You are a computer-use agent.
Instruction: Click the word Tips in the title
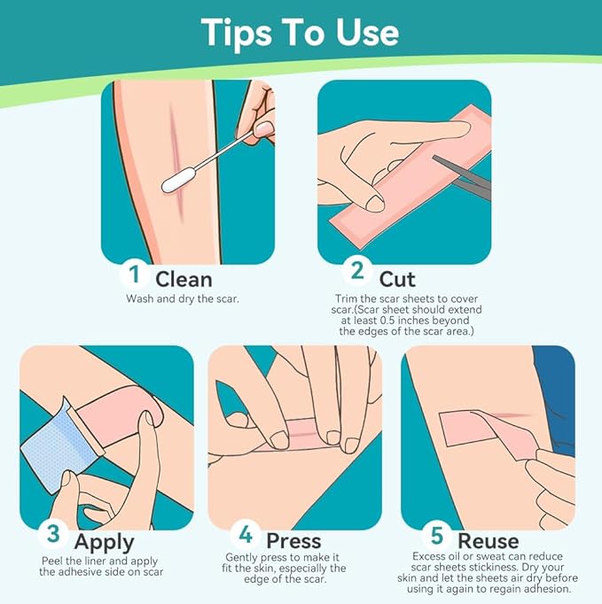(236, 34)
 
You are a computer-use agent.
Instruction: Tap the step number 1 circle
(134, 274)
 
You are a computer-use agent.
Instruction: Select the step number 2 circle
(357, 270)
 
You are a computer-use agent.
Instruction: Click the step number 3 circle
(53, 534)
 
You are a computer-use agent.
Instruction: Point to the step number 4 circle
(246, 534)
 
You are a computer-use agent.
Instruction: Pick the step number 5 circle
(436, 535)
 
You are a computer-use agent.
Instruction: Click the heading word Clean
(184, 279)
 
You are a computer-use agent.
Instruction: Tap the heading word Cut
(397, 279)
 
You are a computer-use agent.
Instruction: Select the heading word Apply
(104, 543)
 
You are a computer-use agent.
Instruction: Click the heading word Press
(293, 541)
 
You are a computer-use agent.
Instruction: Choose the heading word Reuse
(488, 541)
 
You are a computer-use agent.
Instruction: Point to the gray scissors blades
(462, 176)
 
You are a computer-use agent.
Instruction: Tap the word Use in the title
(367, 34)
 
